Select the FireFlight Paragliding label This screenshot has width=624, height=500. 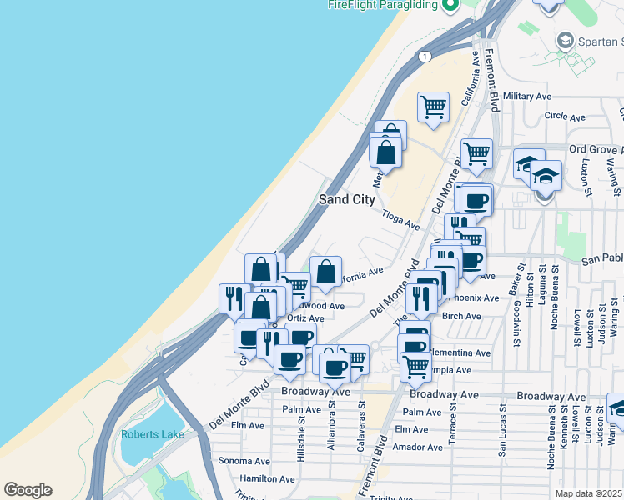point(382,4)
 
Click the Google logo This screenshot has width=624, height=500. point(28,490)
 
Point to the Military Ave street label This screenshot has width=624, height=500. point(528,97)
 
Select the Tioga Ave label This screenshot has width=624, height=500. point(400,219)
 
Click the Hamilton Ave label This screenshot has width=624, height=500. point(267,479)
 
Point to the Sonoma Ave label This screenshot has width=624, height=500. point(244,461)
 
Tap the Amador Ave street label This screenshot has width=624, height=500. point(410,447)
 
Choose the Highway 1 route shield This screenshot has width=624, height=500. point(425,56)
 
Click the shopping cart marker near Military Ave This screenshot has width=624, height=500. point(433,107)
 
